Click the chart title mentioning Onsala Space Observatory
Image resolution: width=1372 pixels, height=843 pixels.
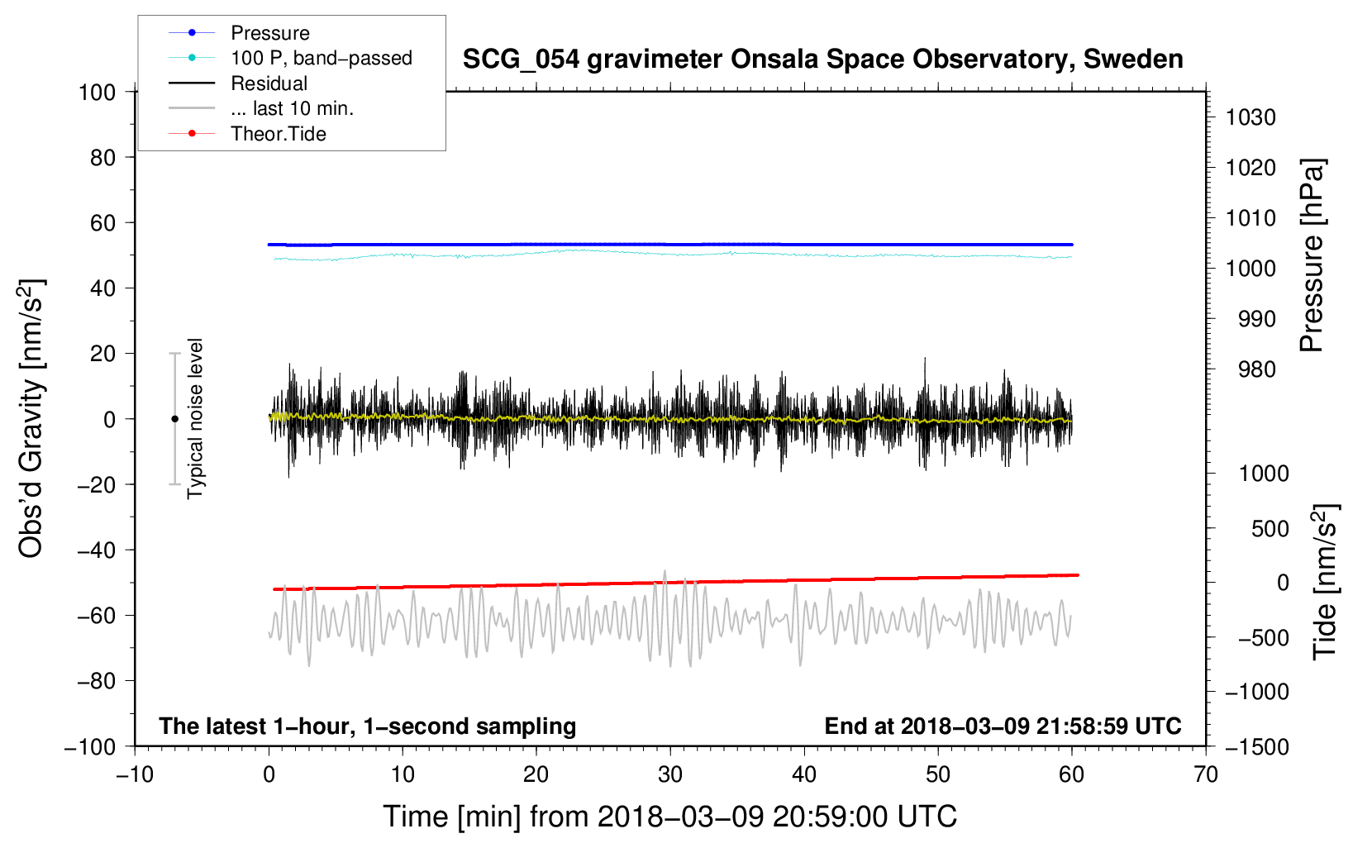[x=822, y=60]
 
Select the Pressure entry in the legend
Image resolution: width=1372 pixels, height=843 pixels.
[x=269, y=33]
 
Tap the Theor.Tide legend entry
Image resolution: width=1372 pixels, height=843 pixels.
[x=278, y=134]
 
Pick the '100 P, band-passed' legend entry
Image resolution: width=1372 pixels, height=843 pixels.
[x=321, y=58]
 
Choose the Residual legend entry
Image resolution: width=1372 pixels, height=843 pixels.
[x=269, y=83]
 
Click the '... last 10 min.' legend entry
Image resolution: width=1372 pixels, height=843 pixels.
[x=292, y=108]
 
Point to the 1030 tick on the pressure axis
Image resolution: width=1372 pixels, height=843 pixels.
[x=1250, y=117]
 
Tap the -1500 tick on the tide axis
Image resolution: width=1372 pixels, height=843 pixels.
[x=1256, y=746]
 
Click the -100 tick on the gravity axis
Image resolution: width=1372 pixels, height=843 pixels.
[x=90, y=746]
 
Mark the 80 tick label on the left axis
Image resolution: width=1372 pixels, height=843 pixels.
[x=102, y=157]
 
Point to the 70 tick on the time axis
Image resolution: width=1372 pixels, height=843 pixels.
[x=1206, y=774]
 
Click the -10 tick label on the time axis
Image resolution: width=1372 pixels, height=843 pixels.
[x=135, y=774]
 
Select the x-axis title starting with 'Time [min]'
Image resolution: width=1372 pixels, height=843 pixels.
[x=669, y=817]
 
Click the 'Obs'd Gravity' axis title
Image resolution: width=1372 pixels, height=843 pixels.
[x=31, y=419]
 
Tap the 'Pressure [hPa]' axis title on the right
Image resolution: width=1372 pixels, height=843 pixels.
[x=1312, y=256]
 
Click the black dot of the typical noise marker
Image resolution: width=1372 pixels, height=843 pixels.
[x=174, y=419]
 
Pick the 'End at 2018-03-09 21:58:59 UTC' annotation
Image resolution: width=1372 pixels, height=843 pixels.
[x=1003, y=726]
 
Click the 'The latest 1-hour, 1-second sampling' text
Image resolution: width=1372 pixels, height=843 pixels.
[x=367, y=726]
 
